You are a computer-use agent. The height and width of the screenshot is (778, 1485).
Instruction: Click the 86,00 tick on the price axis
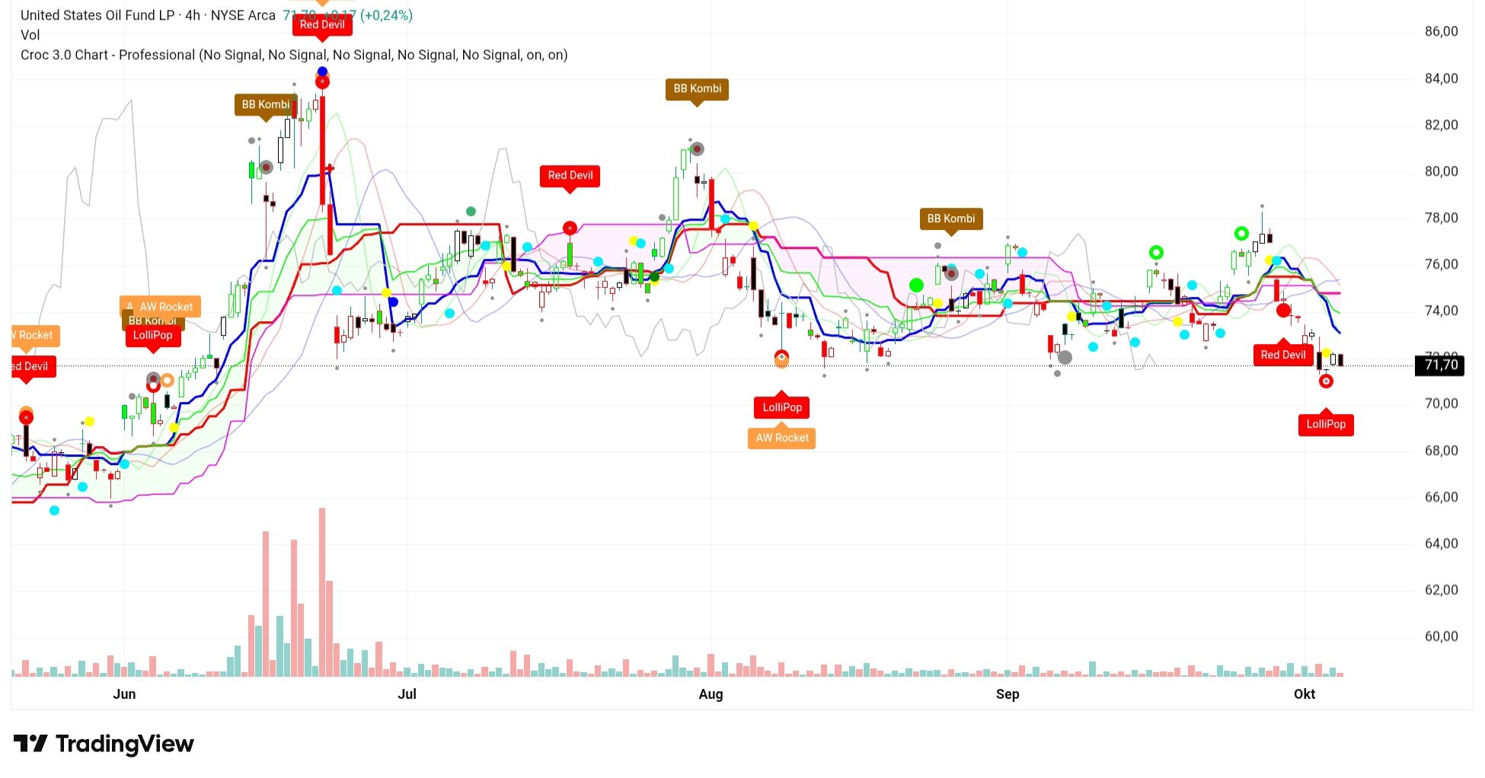tap(1441, 32)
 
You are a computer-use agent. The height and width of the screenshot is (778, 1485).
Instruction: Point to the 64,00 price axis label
tap(1441, 544)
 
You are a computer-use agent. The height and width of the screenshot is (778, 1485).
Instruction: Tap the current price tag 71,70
tap(1440, 365)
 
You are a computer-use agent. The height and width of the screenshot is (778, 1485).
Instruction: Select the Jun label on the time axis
tap(124, 694)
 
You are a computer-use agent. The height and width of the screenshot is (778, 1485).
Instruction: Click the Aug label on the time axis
tap(711, 694)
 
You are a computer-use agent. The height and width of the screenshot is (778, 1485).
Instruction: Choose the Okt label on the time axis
tap(1304, 694)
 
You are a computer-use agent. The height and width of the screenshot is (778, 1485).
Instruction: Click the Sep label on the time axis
tap(1007, 694)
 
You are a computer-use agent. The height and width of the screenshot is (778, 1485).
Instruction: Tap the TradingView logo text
tap(124, 744)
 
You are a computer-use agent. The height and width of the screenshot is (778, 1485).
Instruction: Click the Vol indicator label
tap(30, 35)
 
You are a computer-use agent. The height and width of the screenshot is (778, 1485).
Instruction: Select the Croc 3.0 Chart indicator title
tap(107, 55)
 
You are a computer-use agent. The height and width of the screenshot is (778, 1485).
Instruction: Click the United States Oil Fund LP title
tap(97, 15)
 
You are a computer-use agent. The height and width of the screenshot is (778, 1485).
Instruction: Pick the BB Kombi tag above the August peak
tap(697, 89)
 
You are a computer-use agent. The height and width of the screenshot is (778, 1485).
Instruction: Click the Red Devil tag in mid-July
tap(570, 176)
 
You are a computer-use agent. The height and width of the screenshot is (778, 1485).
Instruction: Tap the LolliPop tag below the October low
tap(1325, 425)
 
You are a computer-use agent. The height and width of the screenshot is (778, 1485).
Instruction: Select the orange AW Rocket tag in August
tap(781, 438)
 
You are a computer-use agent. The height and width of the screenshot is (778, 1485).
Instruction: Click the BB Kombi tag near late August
tap(950, 219)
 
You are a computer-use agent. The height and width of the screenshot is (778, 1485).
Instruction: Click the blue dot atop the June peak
tap(322, 72)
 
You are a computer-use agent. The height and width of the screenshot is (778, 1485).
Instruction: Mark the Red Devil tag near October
tap(1282, 355)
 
